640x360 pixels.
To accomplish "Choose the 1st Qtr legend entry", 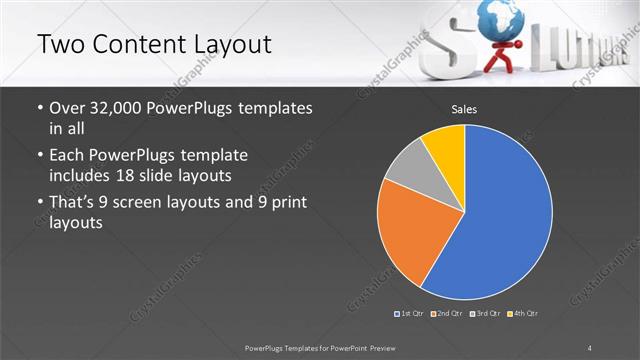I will [410, 314].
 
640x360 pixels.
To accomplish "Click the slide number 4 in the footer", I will [590, 346].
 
